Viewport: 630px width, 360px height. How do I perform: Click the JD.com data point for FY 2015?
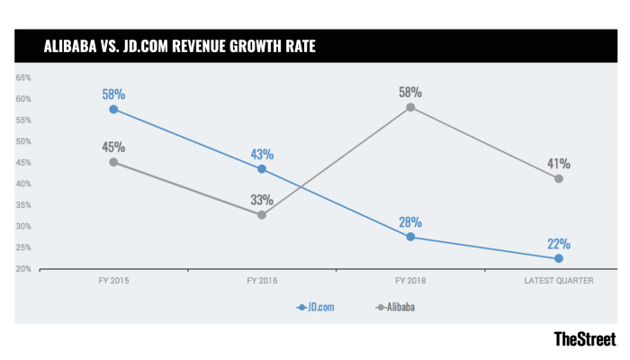tap(113, 109)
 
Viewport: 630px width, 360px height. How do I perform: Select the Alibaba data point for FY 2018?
tap(410, 107)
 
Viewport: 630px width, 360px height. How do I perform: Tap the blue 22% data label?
tap(559, 243)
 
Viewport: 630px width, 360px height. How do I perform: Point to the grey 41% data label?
tap(559, 164)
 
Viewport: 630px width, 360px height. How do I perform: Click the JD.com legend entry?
tap(319, 307)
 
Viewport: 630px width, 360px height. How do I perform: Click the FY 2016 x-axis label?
tap(262, 281)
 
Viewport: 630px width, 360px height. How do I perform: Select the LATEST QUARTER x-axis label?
tap(559, 281)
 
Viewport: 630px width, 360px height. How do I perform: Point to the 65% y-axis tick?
tap(22, 77)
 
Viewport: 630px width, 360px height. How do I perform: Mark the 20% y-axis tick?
tap(22, 269)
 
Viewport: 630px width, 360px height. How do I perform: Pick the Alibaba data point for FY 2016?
tap(262, 214)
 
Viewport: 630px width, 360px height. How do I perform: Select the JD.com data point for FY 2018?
tap(410, 237)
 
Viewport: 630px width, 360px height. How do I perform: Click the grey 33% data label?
tap(262, 199)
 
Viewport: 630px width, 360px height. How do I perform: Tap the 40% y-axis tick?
tap(22, 184)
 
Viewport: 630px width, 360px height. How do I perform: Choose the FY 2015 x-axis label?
tap(113, 281)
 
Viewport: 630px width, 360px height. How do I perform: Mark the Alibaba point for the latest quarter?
tap(559, 178)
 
